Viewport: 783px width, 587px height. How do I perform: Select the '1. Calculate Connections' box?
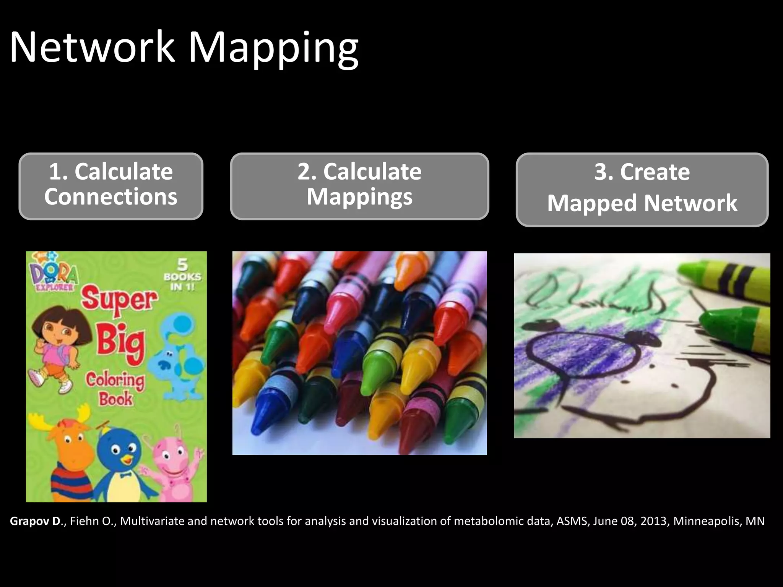111,186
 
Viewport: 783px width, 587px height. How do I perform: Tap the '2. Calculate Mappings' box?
359,186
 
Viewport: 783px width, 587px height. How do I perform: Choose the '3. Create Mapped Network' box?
642,190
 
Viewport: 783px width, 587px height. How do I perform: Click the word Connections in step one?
111,197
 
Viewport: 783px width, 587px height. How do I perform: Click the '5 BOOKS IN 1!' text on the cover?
182,275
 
